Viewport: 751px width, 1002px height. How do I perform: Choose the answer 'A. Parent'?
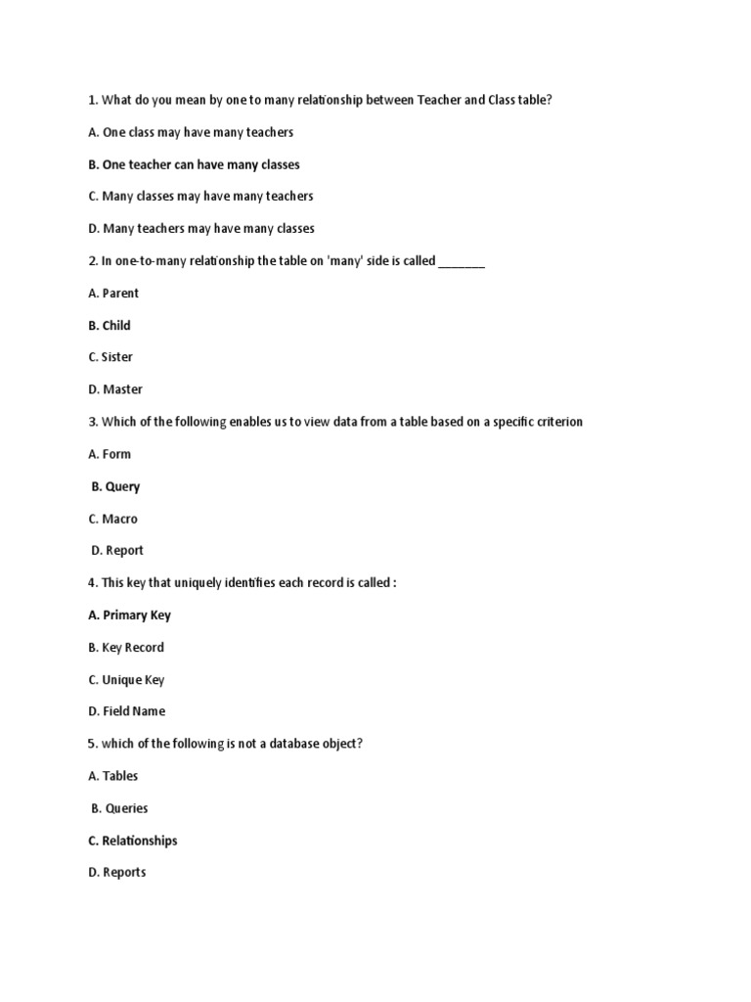coord(113,294)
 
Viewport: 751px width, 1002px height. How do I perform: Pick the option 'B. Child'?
coord(109,326)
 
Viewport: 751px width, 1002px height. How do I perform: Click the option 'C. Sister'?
coord(110,357)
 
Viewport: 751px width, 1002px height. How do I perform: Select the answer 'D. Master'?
coord(115,389)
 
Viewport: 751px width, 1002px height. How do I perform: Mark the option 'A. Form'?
coord(110,454)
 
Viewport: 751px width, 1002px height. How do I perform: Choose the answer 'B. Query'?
coord(115,486)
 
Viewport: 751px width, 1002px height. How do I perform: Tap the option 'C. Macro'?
coord(112,519)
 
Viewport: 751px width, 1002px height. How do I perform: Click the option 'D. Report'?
coord(117,551)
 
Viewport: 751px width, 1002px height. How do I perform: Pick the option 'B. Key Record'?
coord(126,648)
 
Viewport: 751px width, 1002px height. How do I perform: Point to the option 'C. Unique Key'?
coord(126,680)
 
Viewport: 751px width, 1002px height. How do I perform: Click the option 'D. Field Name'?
coord(127,711)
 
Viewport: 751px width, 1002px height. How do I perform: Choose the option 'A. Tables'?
coord(113,776)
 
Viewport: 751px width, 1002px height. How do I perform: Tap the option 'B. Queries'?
coord(119,808)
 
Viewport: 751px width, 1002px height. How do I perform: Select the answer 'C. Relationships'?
coord(133,841)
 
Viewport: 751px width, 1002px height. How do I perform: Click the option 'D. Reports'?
coord(117,873)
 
